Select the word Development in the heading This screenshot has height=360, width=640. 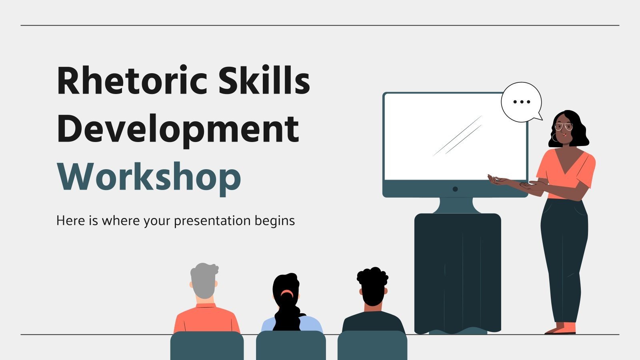tap(178, 129)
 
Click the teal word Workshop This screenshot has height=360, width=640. tap(149, 177)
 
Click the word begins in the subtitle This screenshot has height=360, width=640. tap(275, 221)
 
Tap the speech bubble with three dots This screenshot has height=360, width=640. tap(521, 102)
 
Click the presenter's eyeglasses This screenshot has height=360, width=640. tap(564, 127)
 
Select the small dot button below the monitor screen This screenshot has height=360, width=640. tap(455, 189)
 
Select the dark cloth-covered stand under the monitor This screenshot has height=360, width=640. tap(457, 272)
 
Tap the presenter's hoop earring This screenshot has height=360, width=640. tap(554, 138)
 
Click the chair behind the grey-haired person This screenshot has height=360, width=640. tap(207, 346)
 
